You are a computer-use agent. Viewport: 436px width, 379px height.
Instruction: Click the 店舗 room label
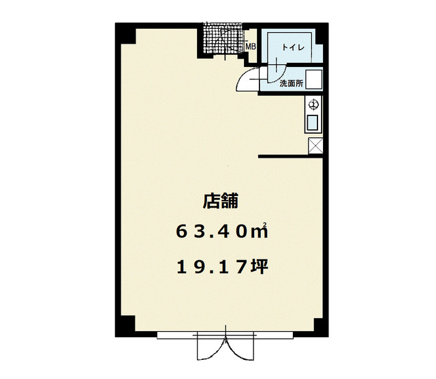pyautogui.click(x=221, y=201)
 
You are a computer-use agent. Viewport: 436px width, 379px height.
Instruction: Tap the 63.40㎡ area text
pyautogui.click(x=222, y=231)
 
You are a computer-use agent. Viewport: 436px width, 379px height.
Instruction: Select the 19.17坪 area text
pyautogui.click(x=222, y=266)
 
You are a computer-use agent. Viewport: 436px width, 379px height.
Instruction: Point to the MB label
pyautogui.click(x=251, y=46)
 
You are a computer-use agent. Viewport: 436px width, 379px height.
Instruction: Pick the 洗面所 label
pyautogui.click(x=291, y=83)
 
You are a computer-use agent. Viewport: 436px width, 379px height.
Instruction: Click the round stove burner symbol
pyautogui.click(x=313, y=104)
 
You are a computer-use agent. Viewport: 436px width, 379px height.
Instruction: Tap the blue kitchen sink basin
pyautogui.click(x=313, y=123)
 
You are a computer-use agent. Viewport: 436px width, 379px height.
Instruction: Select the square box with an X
pyautogui.click(x=315, y=145)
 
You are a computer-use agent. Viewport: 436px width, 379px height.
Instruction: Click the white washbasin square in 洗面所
pyautogui.click(x=313, y=79)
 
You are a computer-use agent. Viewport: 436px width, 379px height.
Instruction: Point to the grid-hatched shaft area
pyautogui.click(x=223, y=38)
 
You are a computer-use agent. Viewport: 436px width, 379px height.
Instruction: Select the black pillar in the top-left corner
pyautogui.click(x=125, y=33)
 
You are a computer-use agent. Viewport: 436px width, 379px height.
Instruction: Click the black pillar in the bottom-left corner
pyautogui.click(x=125, y=326)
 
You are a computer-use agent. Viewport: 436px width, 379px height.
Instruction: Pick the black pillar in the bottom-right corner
pyautogui.click(x=321, y=326)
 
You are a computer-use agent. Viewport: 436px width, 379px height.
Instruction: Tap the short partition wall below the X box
pyautogui.click(x=290, y=156)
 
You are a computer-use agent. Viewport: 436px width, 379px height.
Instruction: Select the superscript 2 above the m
pyautogui.click(x=265, y=224)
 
